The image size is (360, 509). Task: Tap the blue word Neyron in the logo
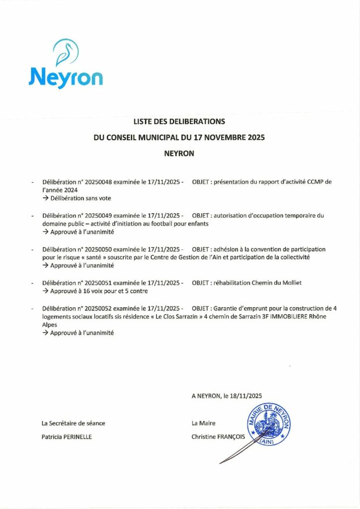(x=66, y=78)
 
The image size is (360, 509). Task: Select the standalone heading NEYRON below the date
(x=179, y=154)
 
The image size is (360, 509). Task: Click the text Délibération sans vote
(x=81, y=198)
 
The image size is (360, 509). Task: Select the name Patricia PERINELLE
(x=67, y=437)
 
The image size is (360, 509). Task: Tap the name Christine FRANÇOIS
(x=218, y=437)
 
